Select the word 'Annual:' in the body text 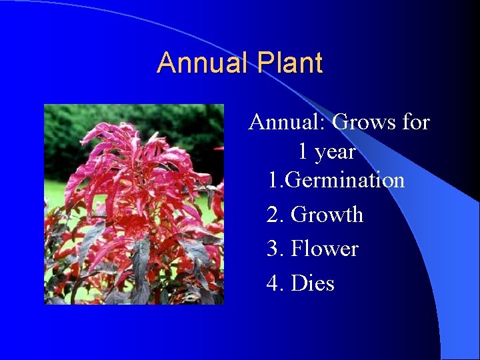coord(287,123)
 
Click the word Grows coord(361,123)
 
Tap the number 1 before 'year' coord(303,152)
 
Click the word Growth coord(327,215)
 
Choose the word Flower coord(325,249)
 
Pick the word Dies coord(313,284)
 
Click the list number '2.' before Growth coord(275,215)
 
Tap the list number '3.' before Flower coord(275,249)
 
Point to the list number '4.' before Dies coord(275,284)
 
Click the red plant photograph coord(133,204)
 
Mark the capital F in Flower coord(298,249)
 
